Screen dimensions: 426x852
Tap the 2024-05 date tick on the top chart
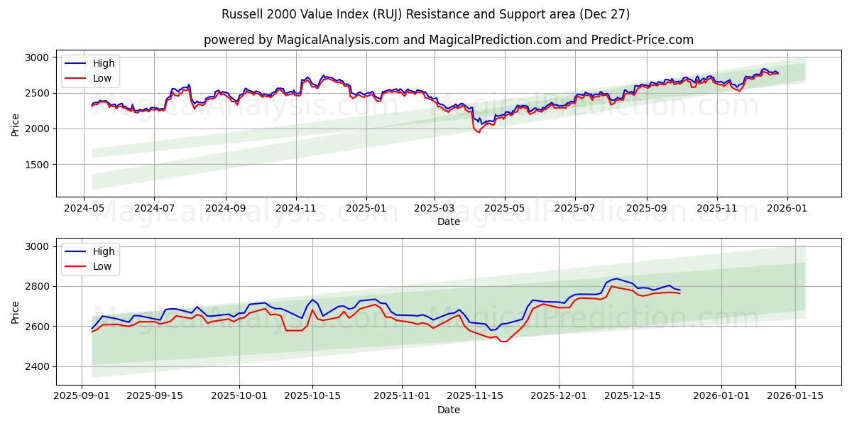pyautogui.click(x=84, y=209)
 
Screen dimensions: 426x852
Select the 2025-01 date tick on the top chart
pyautogui.click(x=366, y=209)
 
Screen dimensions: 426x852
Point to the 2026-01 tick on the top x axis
pyautogui.click(x=787, y=209)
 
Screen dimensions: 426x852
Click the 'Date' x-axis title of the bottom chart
pyautogui.click(x=448, y=410)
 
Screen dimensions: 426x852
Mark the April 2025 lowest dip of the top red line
pyautogui.click(x=478, y=132)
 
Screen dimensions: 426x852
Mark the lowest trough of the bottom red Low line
pyautogui.click(x=503, y=342)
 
